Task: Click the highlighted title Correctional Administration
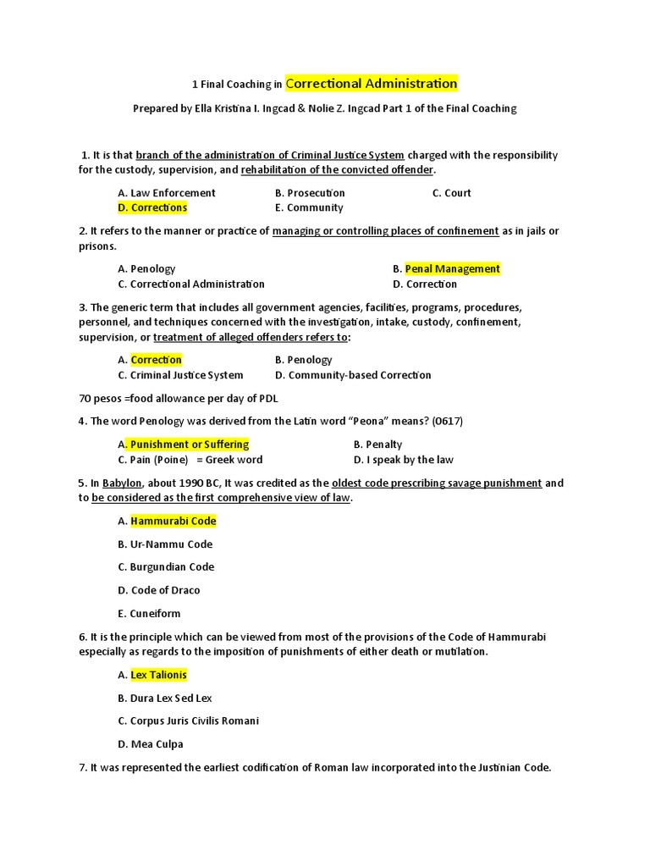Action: [x=372, y=83]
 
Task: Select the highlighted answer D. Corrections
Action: [x=152, y=207]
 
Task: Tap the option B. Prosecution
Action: [x=310, y=192]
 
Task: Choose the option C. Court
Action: [x=451, y=192]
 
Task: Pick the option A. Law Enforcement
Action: [x=167, y=192]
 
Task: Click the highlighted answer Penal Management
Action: [x=452, y=268]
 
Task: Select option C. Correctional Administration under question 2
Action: [x=191, y=284]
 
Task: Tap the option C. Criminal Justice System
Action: [x=180, y=375]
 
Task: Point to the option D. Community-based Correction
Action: [x=353, y=375]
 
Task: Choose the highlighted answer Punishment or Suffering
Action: [x=189, y=445]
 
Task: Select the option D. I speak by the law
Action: [x=403, y=460]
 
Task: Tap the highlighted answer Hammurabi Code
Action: [x=173, y=521]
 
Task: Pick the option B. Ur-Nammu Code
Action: [x=165, y=544]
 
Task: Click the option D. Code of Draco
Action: [x=159, y=590]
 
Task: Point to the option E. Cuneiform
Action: [x=149, y=614]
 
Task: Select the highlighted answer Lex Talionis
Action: [x=158, y=675]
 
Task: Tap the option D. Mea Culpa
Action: [x=151, y=744]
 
